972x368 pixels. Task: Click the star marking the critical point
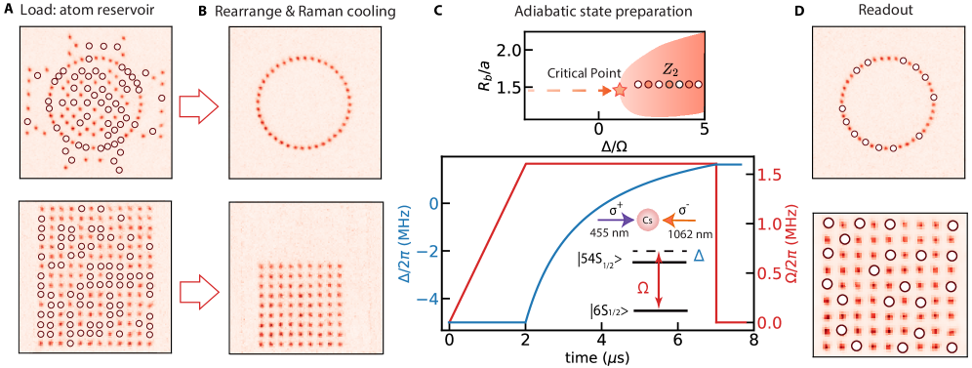click(x=620, y=91)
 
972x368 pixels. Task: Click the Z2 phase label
click(x=668, y=70)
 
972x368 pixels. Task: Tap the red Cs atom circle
click(x=646, y=221)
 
